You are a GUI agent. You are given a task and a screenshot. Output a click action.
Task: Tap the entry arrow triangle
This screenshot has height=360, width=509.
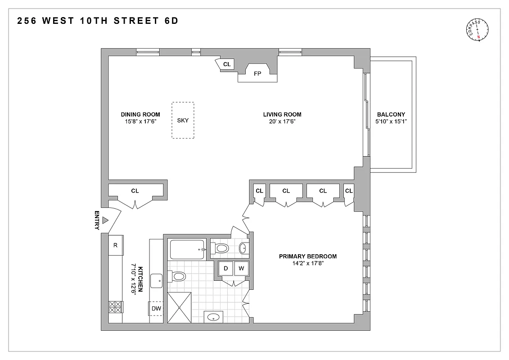pyautogui.click(x=105, y=220)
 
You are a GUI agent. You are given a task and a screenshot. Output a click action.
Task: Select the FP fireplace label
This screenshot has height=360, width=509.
pyautogui.click(x=257, y=73)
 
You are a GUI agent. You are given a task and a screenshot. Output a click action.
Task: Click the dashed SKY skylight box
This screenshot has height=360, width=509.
pyautogui.click(x=183, y=120)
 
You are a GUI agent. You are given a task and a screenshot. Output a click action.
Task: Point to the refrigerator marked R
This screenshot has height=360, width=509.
pyautogui.click(x=116, y=245)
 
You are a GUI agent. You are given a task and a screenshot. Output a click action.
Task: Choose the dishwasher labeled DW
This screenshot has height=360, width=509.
pyautogui.click(x=156, y=308)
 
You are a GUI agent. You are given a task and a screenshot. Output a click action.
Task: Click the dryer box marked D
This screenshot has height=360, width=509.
pyautogui.click(x=226, y=269)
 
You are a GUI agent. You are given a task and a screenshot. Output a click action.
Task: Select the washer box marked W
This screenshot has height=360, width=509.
pyautogui.click(x=241, y=269)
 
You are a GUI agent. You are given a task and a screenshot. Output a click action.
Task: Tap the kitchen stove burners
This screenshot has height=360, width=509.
pyautogui.click(x=116, y=307)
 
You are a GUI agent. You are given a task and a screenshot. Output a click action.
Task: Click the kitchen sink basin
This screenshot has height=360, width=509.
pyautogui.click(x=157, y=280)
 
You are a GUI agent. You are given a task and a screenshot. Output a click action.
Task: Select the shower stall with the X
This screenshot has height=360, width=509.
pyautogui.click(x=179, y=307)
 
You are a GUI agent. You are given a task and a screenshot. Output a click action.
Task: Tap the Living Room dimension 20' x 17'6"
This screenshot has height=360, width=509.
pyautogui.click(x=282, y=121)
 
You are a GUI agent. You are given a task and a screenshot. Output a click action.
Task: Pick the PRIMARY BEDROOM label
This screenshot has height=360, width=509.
pyautogui.click(x=308, y=256)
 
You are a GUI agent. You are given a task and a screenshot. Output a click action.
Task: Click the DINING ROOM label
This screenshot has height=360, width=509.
pyautogui.click(x=140, y=114)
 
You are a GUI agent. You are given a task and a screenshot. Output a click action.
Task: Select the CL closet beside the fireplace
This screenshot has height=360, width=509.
pyautogui.click(x=226, y=65)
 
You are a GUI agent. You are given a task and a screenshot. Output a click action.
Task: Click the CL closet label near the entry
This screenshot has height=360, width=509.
pyautogui.click(x=135, y=191)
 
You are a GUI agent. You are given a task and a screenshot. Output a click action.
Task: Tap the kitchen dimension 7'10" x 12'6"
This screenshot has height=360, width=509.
pyautogui.click(x=133, y=279)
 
